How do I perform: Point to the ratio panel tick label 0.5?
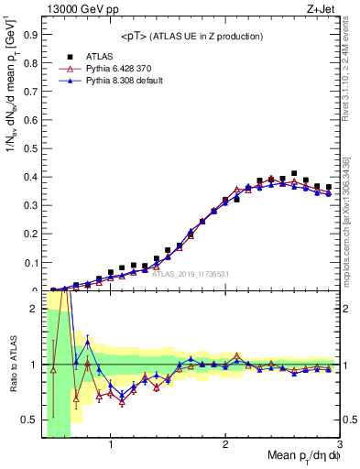[29, 420]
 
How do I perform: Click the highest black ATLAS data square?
[294, 173]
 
